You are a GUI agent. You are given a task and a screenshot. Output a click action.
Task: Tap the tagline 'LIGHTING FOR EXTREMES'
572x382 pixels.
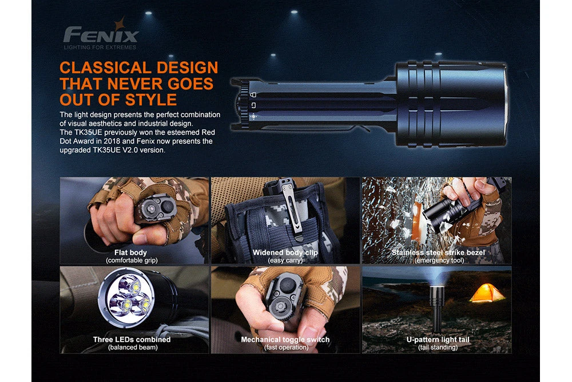pyautogui.click(x=101, y=47)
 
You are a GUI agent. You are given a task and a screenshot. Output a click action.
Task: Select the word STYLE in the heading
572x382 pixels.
pyautogui.click(x=146, y=100)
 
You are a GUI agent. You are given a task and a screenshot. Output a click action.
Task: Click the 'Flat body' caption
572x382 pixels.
pyautogui.click(x=130, y=253)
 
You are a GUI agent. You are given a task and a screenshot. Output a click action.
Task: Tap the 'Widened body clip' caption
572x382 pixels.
pyautogui.click(x=285, y=253)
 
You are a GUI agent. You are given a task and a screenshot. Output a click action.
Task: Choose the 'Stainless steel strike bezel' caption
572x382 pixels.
pyautogui.click(x=438, y=253)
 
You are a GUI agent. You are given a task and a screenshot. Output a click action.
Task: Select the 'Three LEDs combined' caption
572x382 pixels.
pyautogui.click(x=132, y=340)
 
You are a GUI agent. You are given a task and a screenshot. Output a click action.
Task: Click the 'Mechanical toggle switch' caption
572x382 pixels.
pyautogui.click(x=285, y=340)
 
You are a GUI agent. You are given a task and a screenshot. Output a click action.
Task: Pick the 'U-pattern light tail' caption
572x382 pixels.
pyautogui.click(x=438, y=340)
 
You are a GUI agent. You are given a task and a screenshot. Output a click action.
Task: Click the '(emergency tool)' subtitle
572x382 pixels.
pyautogui.click(x=438, y=261)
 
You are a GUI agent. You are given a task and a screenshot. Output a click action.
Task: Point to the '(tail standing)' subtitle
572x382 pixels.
pyautogui.click(x=438, y=347)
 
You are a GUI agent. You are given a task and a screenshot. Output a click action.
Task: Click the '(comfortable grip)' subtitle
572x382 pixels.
pyautogui.click(x=132, y=261)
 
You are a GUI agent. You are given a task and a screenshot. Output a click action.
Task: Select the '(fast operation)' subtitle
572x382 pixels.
pyautogui.click(x=286, y=347)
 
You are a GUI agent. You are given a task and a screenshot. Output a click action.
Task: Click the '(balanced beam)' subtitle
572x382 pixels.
pyautogui.click(x=132, y=347)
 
